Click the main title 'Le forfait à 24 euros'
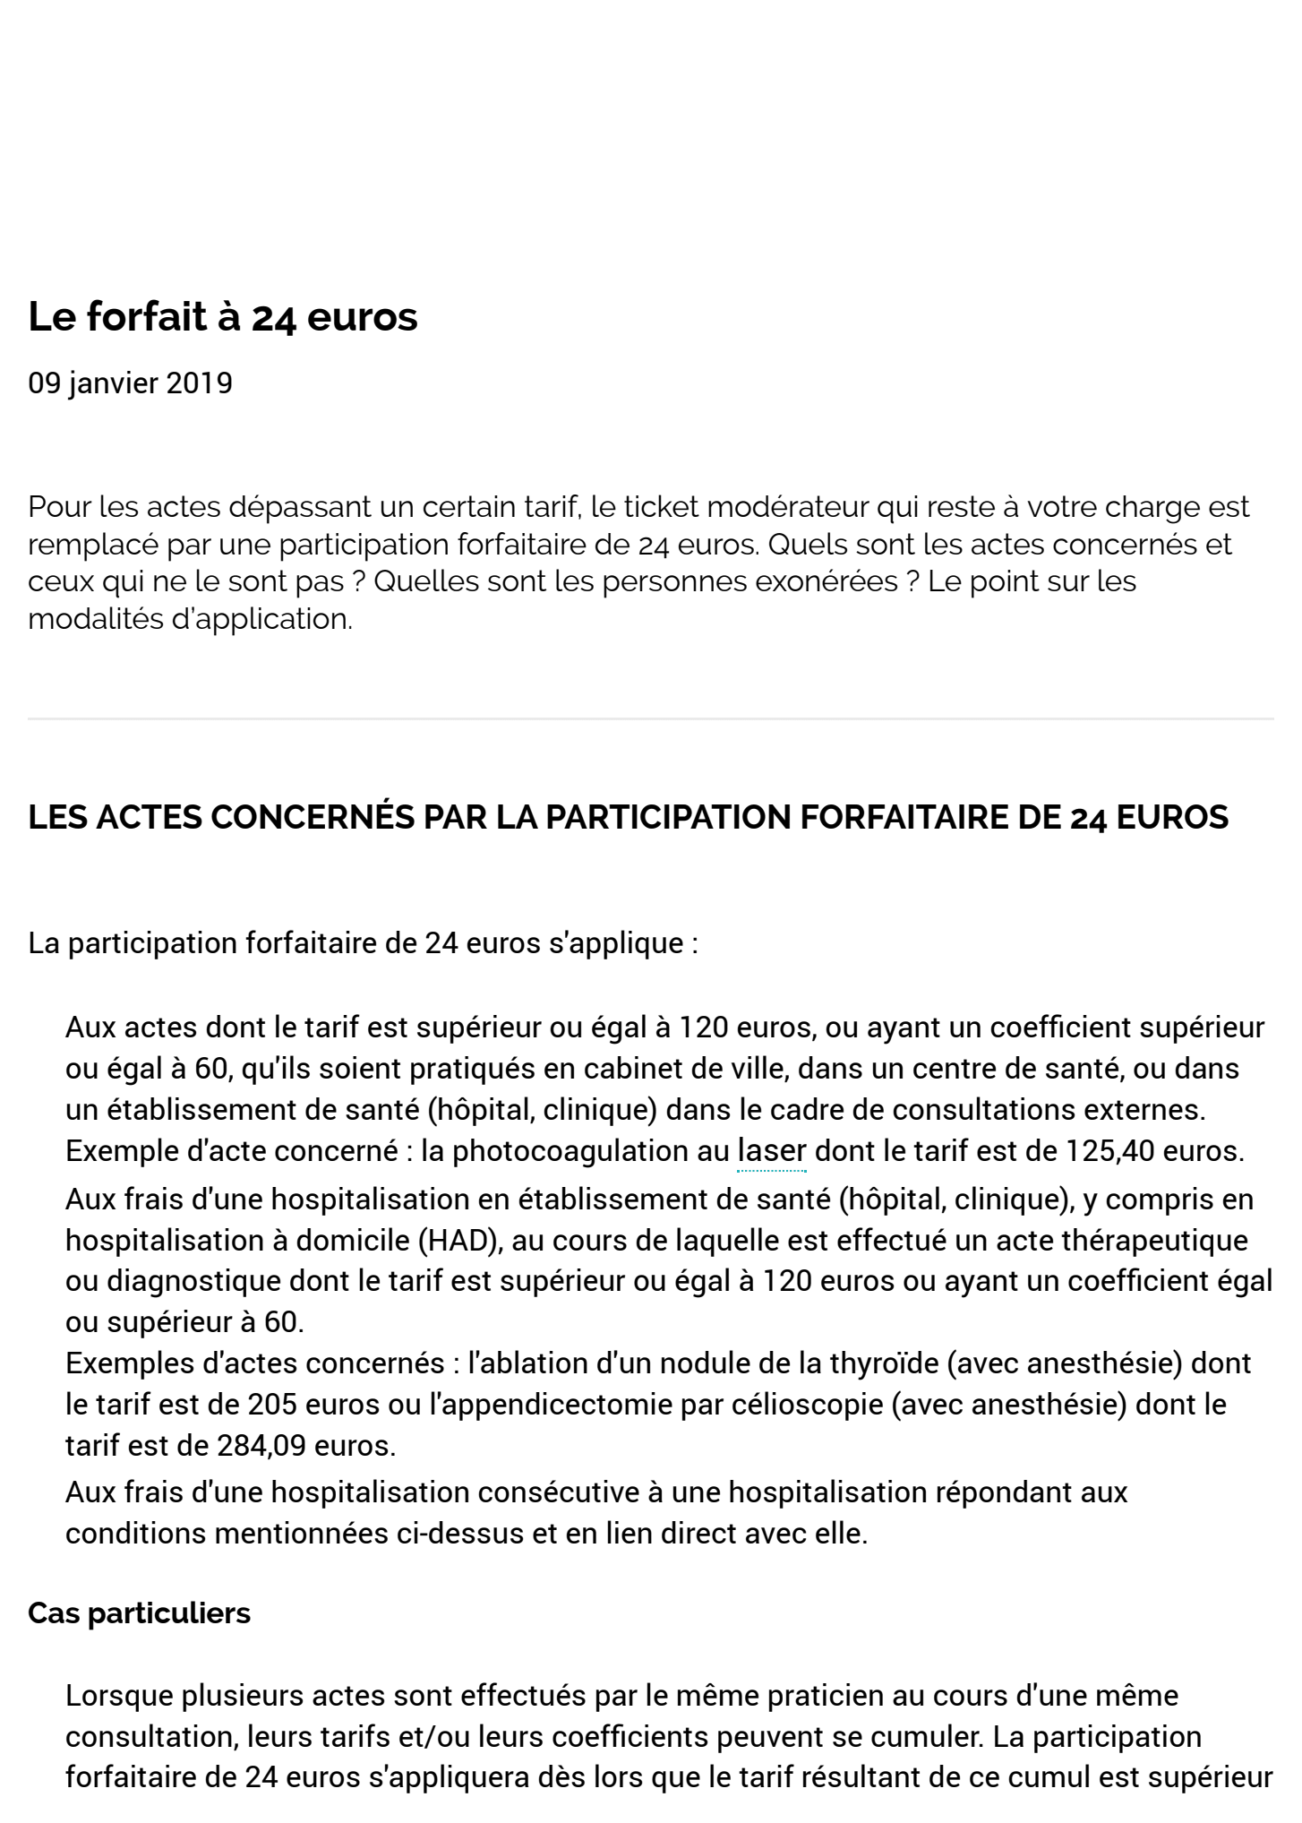click(223, 317)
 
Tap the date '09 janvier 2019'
click(130, 383)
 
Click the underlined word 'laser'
click(771, 1151)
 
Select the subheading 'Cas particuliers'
click(139, 1613)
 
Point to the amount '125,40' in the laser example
click(1109, 1151)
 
